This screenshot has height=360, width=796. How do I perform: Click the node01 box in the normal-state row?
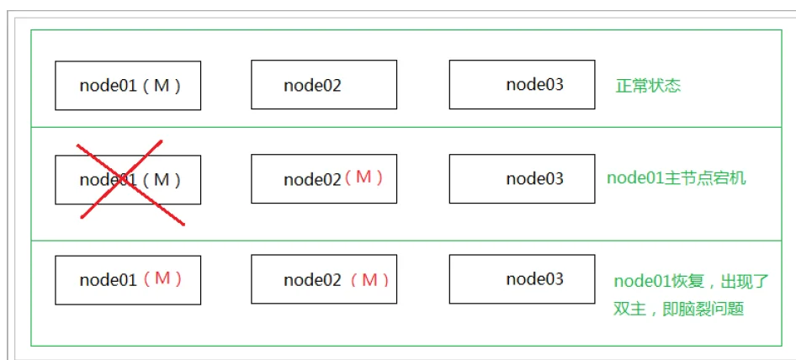[128, 85]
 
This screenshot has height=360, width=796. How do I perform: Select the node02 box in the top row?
[324, 84]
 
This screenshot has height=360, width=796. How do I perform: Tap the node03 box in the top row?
[522, 84]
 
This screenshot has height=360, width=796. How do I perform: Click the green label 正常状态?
[648, 86]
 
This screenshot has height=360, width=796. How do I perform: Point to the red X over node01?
[131, 183]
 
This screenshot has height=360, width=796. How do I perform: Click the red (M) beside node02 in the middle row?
[363, 177]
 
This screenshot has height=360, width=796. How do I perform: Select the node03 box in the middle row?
[522, 178]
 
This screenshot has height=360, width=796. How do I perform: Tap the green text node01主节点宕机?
[677, 178]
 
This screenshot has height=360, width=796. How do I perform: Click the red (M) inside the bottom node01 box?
[162, 278]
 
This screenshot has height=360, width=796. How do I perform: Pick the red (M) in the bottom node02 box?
[369, 280]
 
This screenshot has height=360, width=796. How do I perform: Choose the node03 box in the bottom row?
[522, 279]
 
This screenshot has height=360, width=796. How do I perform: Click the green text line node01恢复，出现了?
[692, 281]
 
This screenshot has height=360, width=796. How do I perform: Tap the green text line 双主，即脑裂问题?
[678, 310]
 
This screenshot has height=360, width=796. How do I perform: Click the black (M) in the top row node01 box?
[162, 86]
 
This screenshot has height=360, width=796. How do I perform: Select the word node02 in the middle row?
[312, 179]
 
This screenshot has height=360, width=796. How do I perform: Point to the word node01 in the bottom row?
[109, 280]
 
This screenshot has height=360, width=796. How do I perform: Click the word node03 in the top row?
[534, 84]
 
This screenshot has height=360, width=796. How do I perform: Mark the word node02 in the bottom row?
[312, 280]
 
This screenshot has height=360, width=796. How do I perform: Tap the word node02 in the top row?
[312, 85]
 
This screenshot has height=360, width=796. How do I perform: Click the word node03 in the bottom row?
[534, 278]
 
